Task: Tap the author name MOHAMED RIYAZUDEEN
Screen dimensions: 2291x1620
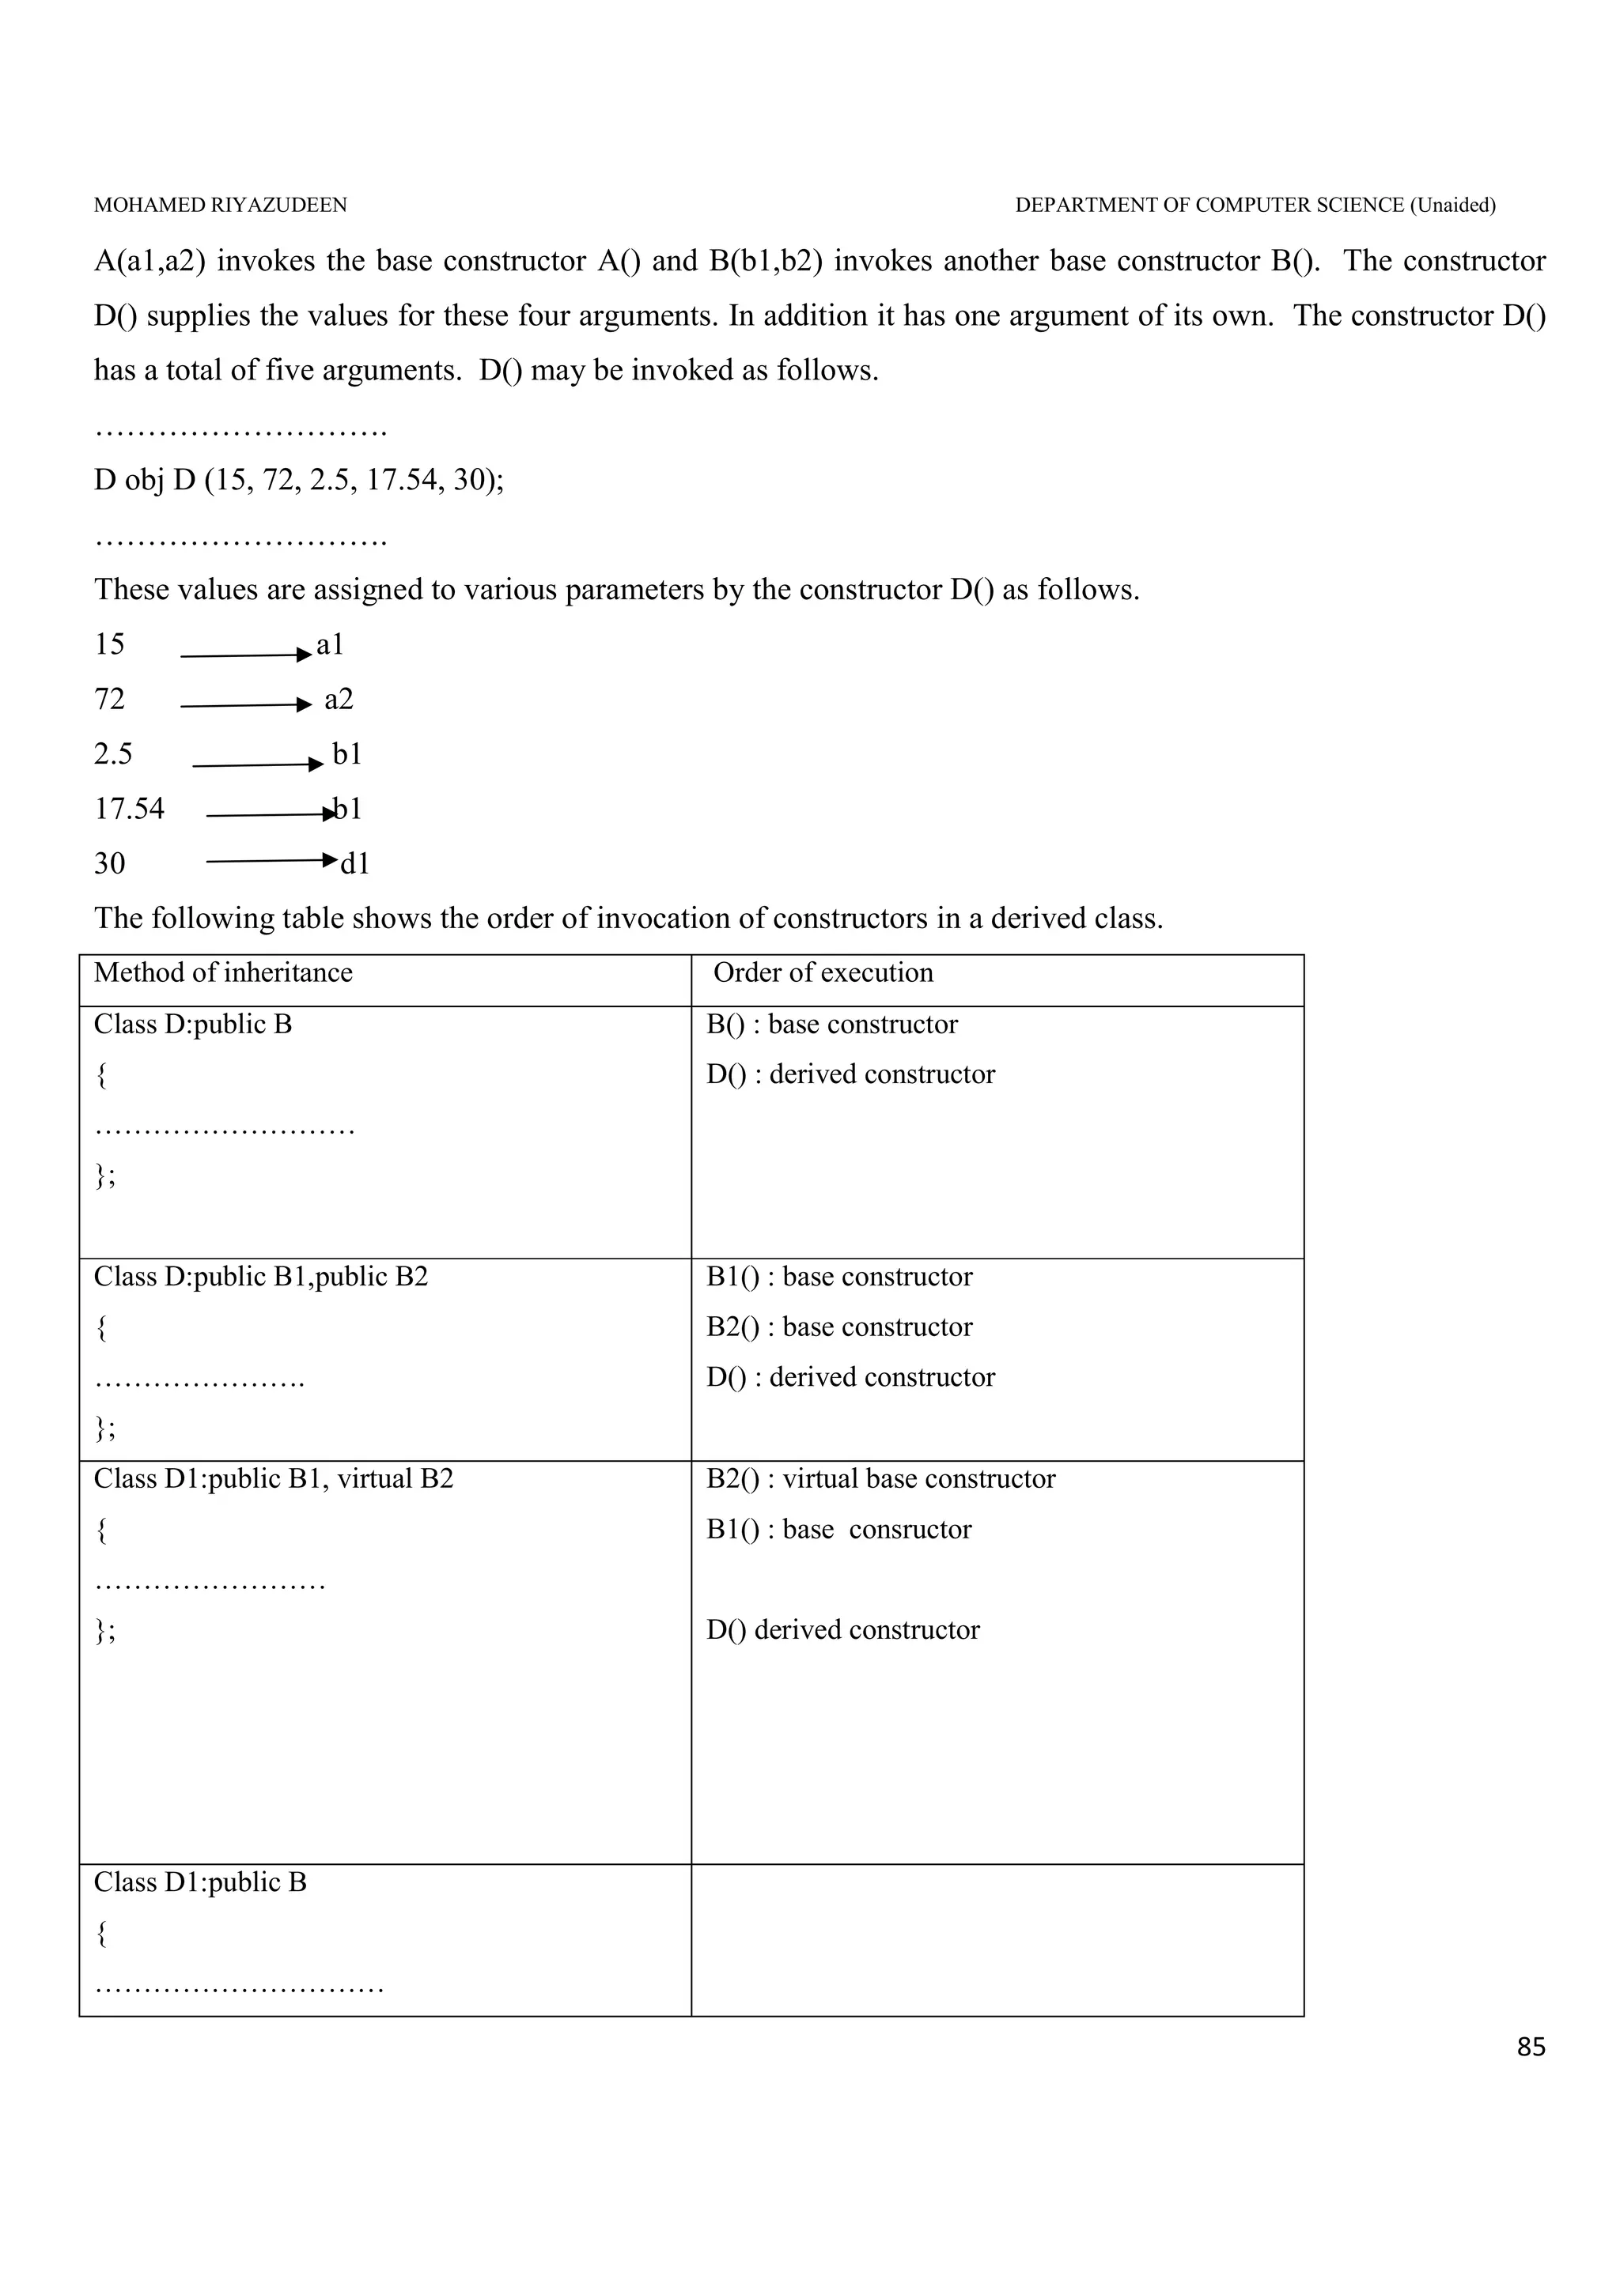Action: pyautogui.click(x=221, y=206)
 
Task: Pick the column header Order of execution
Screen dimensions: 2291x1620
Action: pyautogui.click(x=823, y=973)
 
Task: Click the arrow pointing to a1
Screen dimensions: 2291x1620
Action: pyautogui.click(x=245, y=655)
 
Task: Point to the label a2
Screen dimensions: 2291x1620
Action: pyautogui.click(x=339, y=700)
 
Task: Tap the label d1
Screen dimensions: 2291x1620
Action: pyautogui.click(x=355, y=864)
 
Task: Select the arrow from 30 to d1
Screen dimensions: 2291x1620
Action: pyautogui.click(x=271, y=860)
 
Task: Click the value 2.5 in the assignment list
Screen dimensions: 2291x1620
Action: pyautogui.click(x=113, y=753)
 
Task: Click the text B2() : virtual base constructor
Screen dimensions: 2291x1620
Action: pyautogui.click(x=880, y=1479)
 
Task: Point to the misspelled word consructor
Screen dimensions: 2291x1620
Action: pyautogui.click(x=910, y=1530)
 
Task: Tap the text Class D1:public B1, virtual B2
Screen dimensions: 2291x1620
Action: pyautogui.click(x=274, y=1479)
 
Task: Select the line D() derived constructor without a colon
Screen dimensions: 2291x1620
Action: pyautogui.click(x=842, y=1630)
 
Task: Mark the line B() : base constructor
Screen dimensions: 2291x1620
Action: pyautogui.click(x=831, y=1025)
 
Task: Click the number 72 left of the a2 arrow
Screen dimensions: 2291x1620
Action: pyautogui.click(x=110, y=700)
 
